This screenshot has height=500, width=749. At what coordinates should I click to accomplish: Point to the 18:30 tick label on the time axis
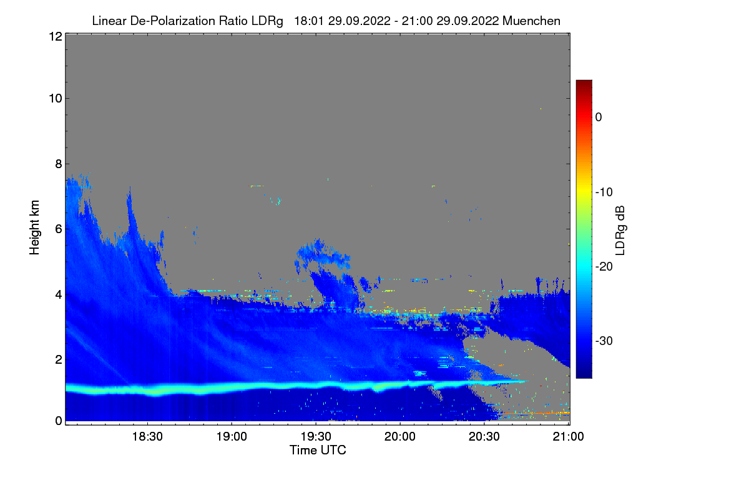pos(149,437)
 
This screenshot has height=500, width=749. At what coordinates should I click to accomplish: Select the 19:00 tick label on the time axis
pos(232,437)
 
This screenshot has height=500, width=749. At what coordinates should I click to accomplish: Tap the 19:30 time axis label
pos(316,437)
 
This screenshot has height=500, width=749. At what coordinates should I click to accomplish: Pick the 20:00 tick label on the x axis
pos(400,437)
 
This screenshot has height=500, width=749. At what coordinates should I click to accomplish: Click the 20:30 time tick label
pos(484,437)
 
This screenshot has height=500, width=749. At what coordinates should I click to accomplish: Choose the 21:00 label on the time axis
pos(568,437)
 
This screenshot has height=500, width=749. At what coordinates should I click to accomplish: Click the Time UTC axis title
pos(318,450)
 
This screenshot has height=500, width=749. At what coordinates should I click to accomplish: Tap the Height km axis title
pos(35,227)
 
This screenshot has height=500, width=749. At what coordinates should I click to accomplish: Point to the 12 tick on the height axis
pos(54,37)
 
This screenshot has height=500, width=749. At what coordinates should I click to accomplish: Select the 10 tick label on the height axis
pos(54,98)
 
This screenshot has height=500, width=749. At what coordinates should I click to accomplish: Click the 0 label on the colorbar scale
pos(598,117)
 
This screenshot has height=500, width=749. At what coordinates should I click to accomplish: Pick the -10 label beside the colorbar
pos(603,192)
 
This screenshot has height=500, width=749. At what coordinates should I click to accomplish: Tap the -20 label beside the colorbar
pos(603,266)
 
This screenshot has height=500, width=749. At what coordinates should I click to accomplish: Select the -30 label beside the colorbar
pos(603,341)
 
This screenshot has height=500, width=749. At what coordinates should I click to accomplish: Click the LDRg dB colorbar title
pos(620,229)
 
